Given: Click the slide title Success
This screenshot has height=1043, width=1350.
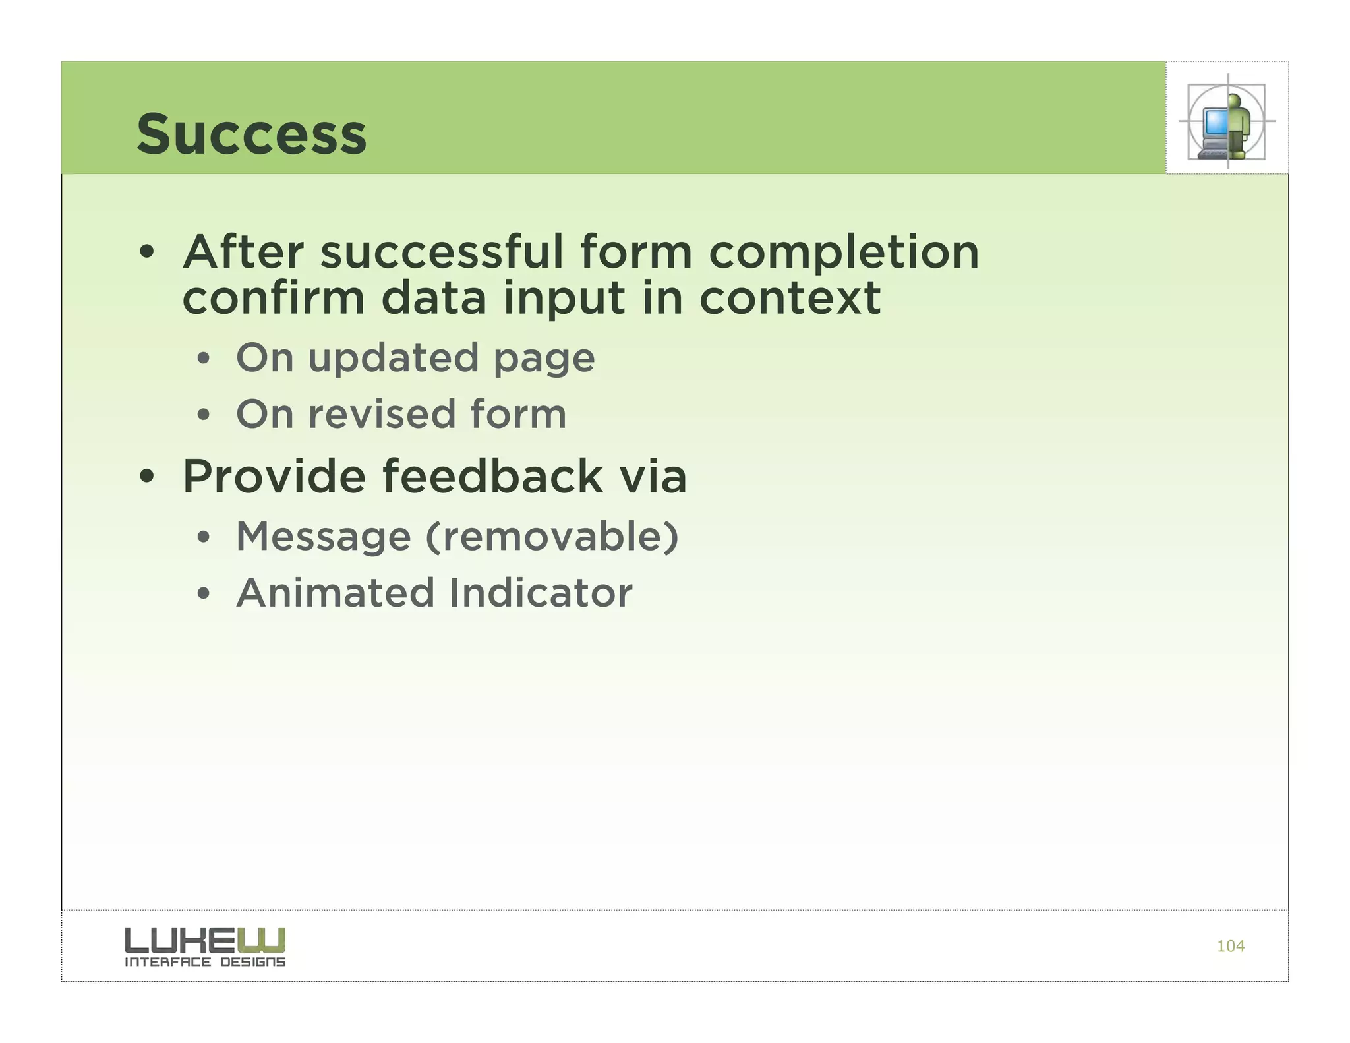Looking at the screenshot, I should click(251, 134).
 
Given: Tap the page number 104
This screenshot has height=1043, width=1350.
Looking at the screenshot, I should click(1230, 946).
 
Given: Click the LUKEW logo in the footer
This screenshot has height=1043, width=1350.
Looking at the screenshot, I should click(205, 940).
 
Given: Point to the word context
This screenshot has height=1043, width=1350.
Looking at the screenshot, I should click(790, 298).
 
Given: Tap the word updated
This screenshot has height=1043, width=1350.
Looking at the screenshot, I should click(393, 358).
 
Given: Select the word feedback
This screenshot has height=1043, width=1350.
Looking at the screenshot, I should click(492, 476).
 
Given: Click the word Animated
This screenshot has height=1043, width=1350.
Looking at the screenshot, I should click(336, 593).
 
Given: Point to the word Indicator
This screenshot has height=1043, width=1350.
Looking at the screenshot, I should click(541, 593).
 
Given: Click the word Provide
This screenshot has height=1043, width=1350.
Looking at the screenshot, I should click(274, 476).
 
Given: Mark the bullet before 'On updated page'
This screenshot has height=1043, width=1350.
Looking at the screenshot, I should click(204, 359).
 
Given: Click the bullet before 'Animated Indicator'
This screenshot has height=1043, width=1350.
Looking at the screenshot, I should click(204, 594).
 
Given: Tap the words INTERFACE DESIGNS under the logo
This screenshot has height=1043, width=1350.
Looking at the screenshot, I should click(205, 962).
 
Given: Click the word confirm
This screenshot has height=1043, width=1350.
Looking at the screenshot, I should click(273, 298).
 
